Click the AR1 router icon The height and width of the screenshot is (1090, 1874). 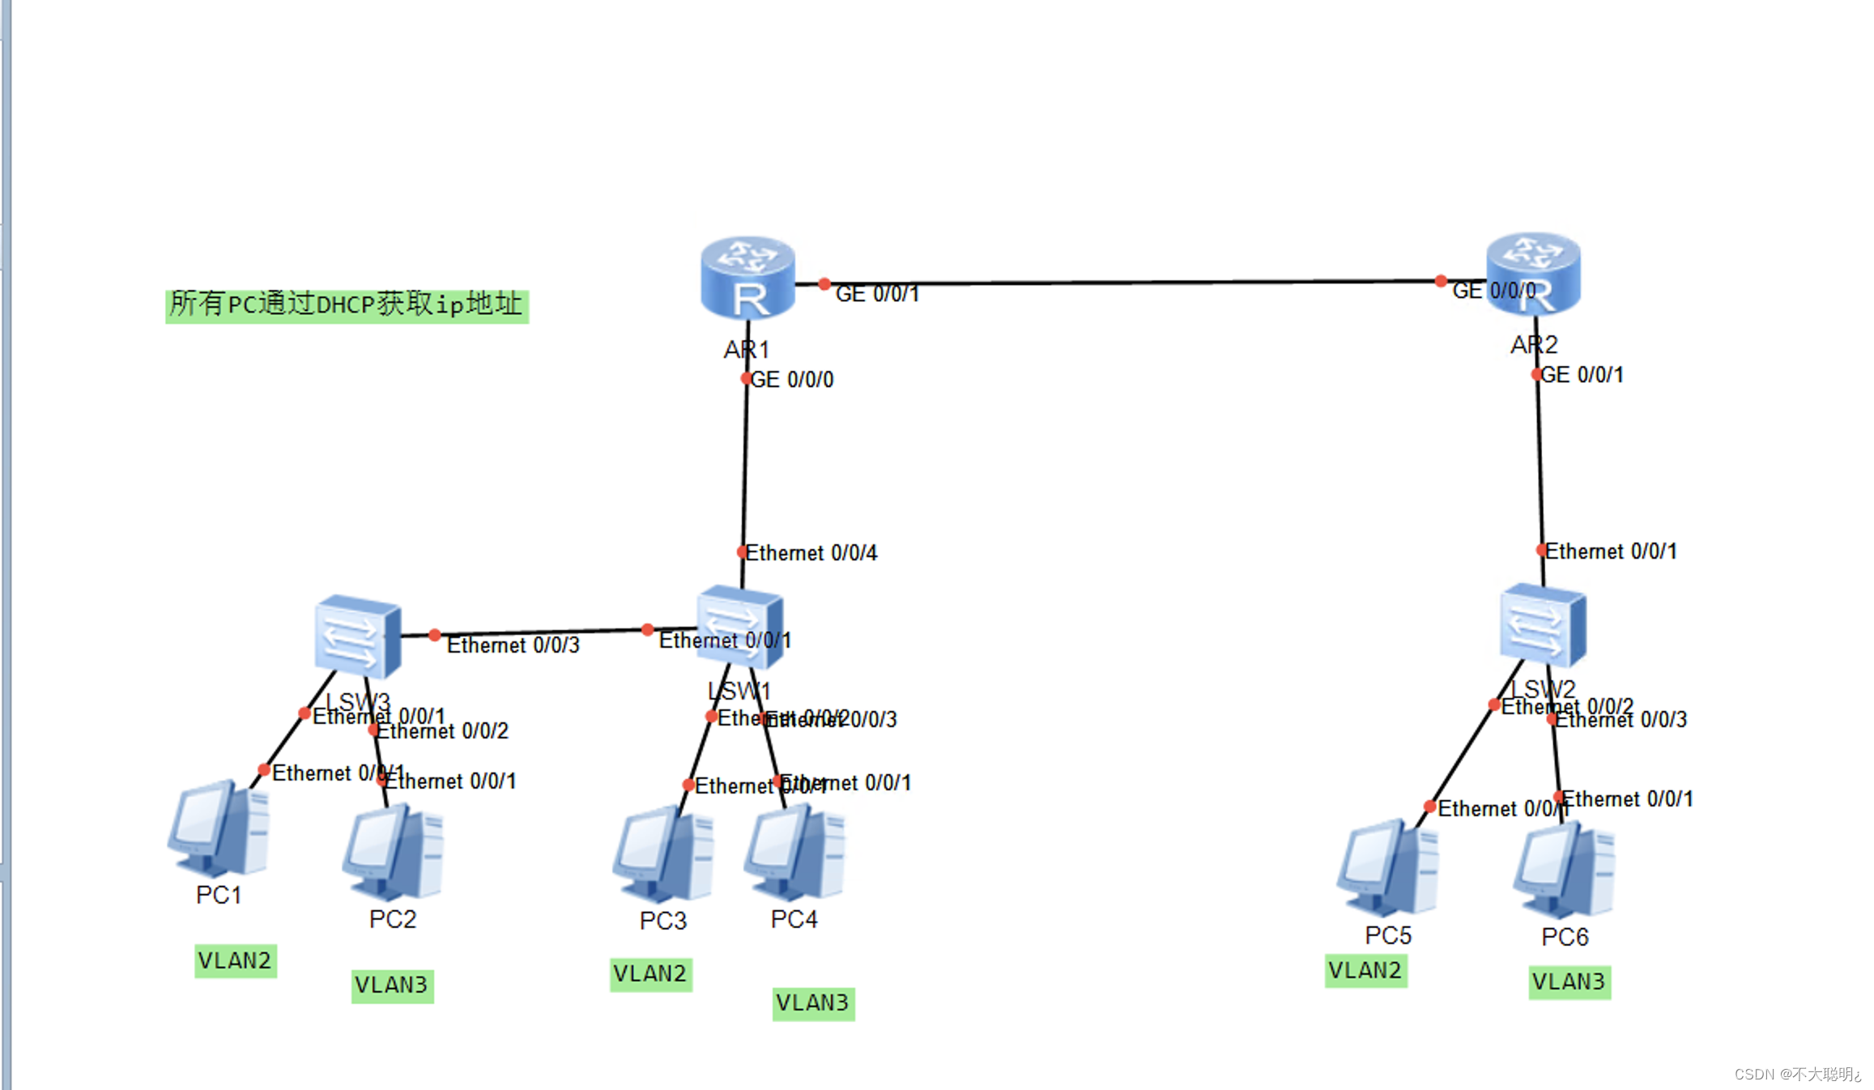pyautogui.click(x=747, y=278)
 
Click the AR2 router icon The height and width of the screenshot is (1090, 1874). pyautogui.click(x=1533, y=273)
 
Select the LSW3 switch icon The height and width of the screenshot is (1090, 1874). pyautogui.click(x=357, y=637)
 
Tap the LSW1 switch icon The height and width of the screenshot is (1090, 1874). pyautogui.click(x=739, y=625)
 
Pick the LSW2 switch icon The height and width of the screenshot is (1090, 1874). pyautogui.click(x=1542, y=624)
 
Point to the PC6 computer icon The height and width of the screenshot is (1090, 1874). pyautogui.click(x=1564, y=871)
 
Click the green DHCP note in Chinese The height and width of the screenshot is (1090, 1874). pyautogui.click(x=347, y=305)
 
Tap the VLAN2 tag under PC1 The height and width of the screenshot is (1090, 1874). pyautogui.click(x=235, y=961)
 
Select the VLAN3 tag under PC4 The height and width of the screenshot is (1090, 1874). pyautogui.click(x=813, y=1003)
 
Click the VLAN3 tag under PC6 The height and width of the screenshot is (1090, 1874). pyautogui.click(x=1569, y=982)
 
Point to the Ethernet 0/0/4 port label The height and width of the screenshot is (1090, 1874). pyautogui.click(x=811, y=553)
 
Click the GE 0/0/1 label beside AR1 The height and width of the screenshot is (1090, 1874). pyautogui.click(x=877, y=294)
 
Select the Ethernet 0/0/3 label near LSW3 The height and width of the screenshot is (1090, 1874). pyautogui.click(x=513, y=645)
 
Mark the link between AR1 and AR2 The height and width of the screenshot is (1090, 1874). pyautogui.click(x=1134, y=283)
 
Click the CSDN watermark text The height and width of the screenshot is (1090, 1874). pyautogui.click(x=1796, y=1074)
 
